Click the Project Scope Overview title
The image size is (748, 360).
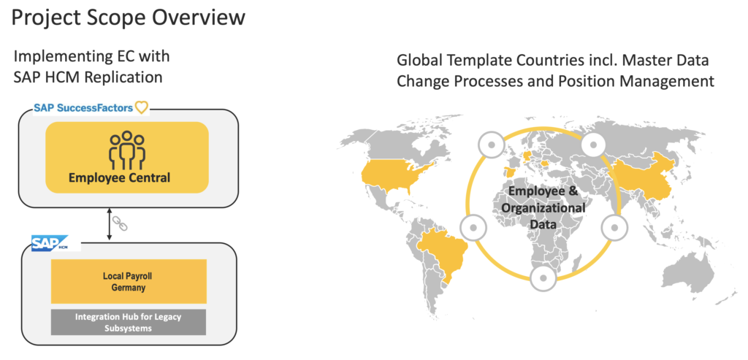pyautogui.click(x=128, y=17)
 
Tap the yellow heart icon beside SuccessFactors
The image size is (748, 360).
pyautogui.click(x=142, y=108)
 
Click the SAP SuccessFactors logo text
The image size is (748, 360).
pyautogui.click(x=83, y=108)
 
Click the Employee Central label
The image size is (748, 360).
pyautogui.click(x=127, y=177)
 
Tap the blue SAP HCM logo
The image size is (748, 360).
pyautogui.click(x=49, y=244)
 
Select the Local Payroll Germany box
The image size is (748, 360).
pyautogui.click(x=128, y=281)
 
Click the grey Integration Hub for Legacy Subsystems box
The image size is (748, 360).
pyautogui.click(x=128, y=322)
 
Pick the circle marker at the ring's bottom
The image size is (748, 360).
pyautogui.click(x=542, y=277)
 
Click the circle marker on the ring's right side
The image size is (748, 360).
pyautogui.click(x=611, y=228)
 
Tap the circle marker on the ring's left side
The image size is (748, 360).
pyautogui.click(x=473, y=228)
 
